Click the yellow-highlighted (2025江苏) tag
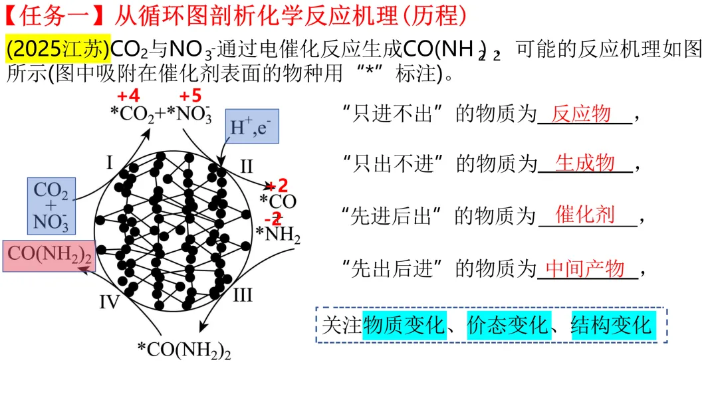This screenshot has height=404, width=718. (x=58, y=49)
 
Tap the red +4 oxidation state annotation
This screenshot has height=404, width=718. (x=128, y=96)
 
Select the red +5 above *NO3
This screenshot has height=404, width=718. (x=191, y=96)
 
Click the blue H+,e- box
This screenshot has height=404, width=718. (x=252, y=126)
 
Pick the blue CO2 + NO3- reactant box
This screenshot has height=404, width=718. (x=51, y=207)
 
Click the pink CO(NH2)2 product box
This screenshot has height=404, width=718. (x=49, y=256)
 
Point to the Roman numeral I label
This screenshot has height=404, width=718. (x=110, y=162)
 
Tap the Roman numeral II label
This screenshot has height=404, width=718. (x=247, y=166)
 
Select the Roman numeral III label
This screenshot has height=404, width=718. (x=242, y=295)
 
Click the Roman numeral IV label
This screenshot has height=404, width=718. (x=110, y=302)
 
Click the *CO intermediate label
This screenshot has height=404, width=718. (x=278, y=201)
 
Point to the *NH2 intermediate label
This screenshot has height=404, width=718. (x=278, y=235)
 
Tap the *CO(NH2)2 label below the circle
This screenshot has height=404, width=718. (x=184, y=350)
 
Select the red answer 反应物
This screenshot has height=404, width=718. (x=581, y=114)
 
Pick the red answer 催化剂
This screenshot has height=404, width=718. (x=585, y=215)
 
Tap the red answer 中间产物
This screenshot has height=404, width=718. (x=585, y=268)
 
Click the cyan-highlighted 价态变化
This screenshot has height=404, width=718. (x=509, y=326)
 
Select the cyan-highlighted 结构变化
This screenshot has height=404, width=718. (x=613, y=326)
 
